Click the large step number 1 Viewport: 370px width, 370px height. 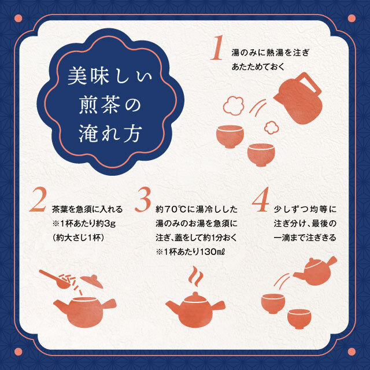tap(217, 47)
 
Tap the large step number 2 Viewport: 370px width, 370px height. tap(38, 199)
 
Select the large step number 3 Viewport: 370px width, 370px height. tap(143, 199)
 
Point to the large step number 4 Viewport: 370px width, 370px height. tap(261, 199)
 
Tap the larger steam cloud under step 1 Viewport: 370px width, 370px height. tap(234, 105)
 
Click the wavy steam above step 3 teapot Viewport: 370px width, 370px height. tap(195, 276)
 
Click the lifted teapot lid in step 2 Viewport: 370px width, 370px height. tap(91, 281)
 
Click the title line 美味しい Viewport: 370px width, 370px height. tap(110, 76)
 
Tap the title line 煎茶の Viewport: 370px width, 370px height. tap(110, 105)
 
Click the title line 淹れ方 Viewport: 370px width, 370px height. tap(110, 134)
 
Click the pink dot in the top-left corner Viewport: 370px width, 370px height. tap(18, 18)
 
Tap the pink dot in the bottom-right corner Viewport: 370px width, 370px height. tap(351, 351)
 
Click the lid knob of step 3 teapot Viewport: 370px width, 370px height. tap(195, 295)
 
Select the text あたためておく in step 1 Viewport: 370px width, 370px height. tap(258, 67)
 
